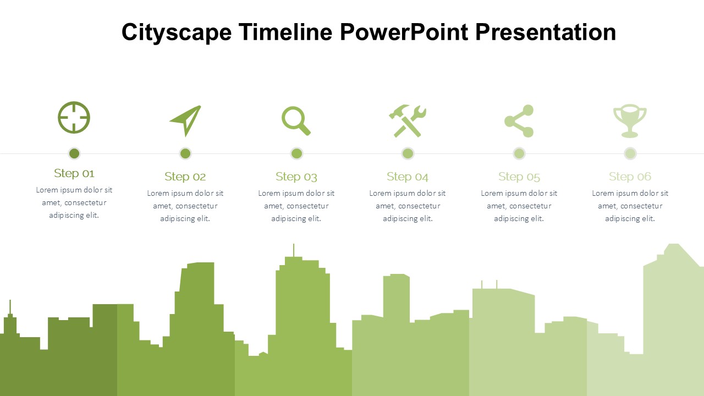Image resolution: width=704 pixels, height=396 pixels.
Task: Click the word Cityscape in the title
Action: (x=177, y=32)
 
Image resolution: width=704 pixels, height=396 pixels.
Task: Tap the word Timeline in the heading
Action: (x=285, y=32)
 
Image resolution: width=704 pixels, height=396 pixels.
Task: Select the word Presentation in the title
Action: (x=546, y=32)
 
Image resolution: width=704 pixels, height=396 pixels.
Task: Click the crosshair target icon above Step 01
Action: (x=74, y=118)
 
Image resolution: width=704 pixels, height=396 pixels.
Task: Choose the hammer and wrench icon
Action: (x=408, y=121)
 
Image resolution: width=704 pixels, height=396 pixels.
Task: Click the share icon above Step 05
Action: (x=519, y=121)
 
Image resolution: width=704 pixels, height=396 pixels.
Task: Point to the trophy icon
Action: (x=630, y=121)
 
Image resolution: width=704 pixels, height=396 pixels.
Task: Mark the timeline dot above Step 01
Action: (x=74, y=153)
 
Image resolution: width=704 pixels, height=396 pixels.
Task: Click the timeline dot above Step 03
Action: (x=296, y=153)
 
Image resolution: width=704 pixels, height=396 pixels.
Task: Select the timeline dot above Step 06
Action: (x=630, y=153)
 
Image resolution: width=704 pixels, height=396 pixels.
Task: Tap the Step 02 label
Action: (x=185, y=177)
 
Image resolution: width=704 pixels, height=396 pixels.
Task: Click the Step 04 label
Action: (x=408, y=177)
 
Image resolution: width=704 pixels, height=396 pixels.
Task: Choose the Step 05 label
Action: (x=519, y=177)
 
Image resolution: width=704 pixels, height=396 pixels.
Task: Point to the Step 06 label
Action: (x=630, y=177)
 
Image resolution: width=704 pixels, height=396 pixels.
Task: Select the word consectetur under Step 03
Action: (x=307, y=206)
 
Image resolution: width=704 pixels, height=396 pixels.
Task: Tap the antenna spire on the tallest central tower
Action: (x=294, y=250)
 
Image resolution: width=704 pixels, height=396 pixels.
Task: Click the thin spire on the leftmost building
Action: (x=10, y=307)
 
